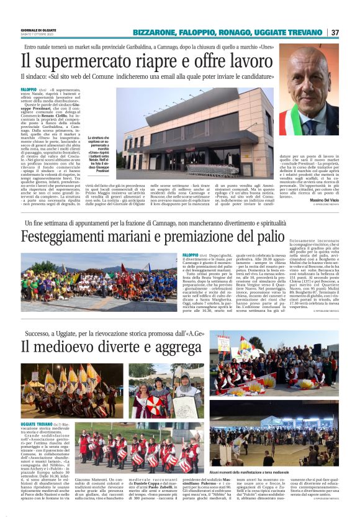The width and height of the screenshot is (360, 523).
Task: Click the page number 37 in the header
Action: [x=335, y=32]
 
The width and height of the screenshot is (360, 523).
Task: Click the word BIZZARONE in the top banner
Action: [x=155, y=32]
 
